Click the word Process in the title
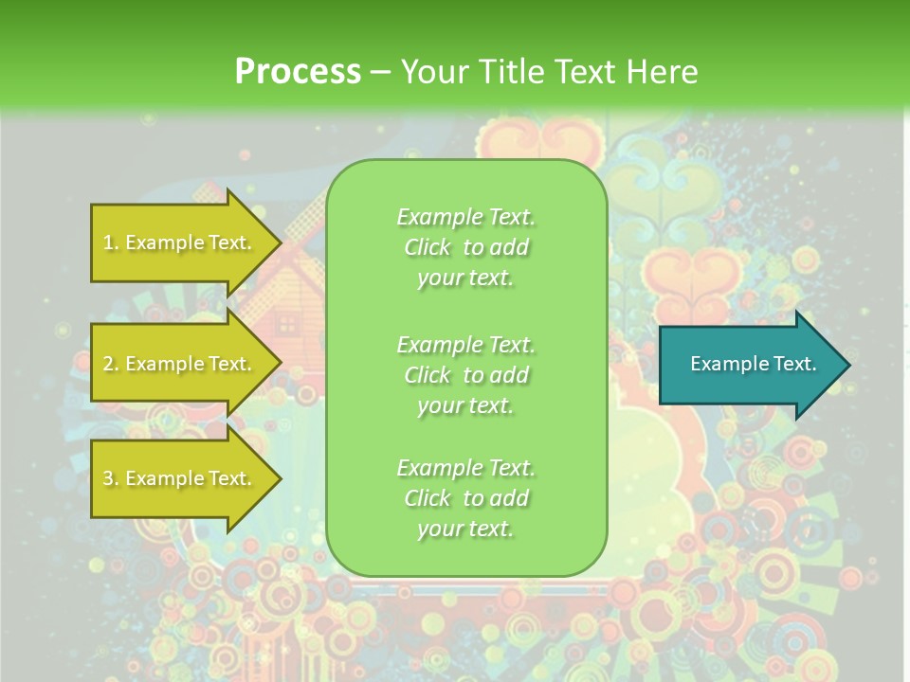[x=298, y=72]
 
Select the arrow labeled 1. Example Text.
[x=180, y=242]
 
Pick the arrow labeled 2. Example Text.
[x=180, y=364]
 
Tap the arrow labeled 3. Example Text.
[x=180, y=478]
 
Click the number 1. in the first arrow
[x=111, y=242]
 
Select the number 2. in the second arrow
[x=111, y=364]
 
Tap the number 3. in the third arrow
[x=111, y=478]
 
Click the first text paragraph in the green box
[x=465, y=247]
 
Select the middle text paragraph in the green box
[x=465, y=375]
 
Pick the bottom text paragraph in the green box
[x=465, y=498]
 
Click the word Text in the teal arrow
[x=794, y=364]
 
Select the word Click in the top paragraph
[x=427, y=247]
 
